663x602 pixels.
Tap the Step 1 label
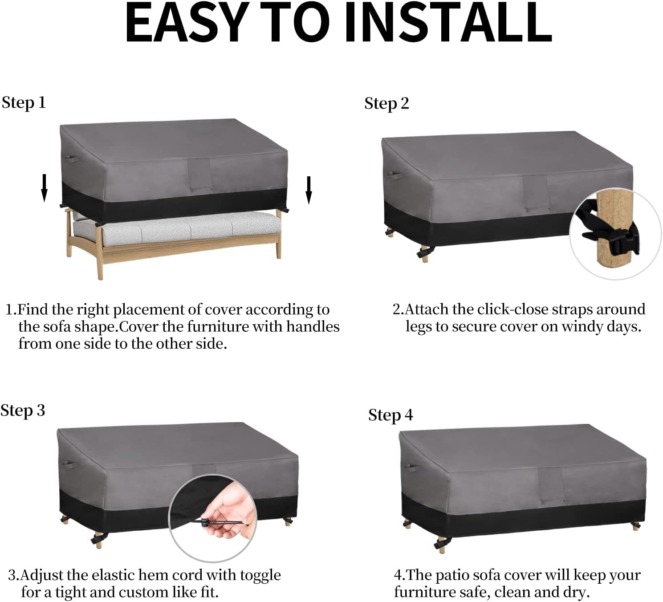[x=24, y=103]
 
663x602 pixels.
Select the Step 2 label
[x=386, y=104]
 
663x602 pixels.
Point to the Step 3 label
[x=22, y=411]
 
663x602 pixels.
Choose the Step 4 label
[x=390, y=415]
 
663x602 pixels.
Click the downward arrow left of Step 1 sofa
[x=44, y=187]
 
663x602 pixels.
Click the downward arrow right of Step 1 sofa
[x=309, y=190]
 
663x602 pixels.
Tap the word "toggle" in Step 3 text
[x=260, y=576]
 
